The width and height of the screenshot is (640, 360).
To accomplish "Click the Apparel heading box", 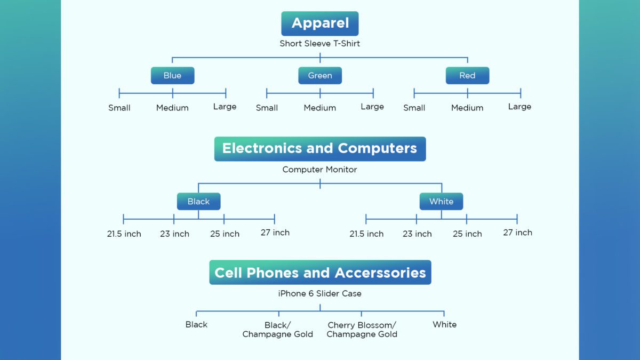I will pyautogui.click(x=320, y=23).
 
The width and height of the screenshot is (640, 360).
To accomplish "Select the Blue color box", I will pyautogui.click(x=172, y=76).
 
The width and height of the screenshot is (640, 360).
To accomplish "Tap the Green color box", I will pyautogui.click(x=320, y=76).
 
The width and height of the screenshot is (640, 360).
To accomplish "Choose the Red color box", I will pyautogui.click(x=467, y=76).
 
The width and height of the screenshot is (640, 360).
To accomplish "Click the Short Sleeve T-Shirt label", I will pyautogui.click(x=320, y=44).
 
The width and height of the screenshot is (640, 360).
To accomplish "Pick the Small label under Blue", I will pyautogui.click(x=119, y=108).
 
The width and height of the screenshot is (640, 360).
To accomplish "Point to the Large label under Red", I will pyautogui.click(x=519, y=107).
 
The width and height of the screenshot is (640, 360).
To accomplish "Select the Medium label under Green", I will pyautogui.click(x=320, y=108).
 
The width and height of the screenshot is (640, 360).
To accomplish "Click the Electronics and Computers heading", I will pyautogui.click(x=320, y=148).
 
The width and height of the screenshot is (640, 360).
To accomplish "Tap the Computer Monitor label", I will pyautogui.click(x=320, y=170).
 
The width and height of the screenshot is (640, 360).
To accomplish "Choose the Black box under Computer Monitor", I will pyautogui.click(x=198, y=202).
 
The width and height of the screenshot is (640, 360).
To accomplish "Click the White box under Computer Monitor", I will pyautogui.click(x=441, y=202).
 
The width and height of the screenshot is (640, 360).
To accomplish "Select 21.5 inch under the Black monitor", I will pyautogui.click(x=124, y=234).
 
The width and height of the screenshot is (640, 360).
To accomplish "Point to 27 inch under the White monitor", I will pyautogui.click(x=517, y=233).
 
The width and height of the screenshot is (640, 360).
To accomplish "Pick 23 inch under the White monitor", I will pyautogui.click(x=417, y=234).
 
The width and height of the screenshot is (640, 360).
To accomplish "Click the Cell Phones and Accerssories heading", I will pyautogui.click(x=320, y=273).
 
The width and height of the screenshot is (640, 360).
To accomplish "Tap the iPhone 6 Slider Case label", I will pyautogui.click(x=320, y=293).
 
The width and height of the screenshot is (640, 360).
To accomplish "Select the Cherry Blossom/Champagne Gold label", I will pyautogui.click(x=362, y=330).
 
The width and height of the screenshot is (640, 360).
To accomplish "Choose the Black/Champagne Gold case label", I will pyautogui.click(x=278, y=330).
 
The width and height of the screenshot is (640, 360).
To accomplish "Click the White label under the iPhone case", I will pyautogui.click(x=445, y=324).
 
